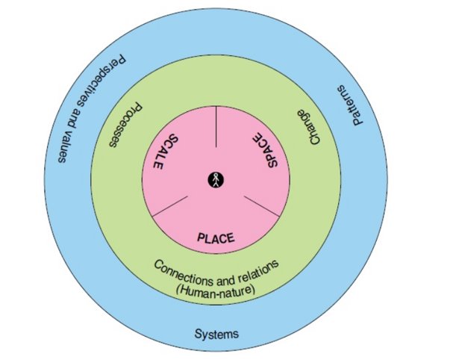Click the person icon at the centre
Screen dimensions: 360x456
[216, 179]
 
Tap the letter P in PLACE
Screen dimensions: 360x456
[200, 238]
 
